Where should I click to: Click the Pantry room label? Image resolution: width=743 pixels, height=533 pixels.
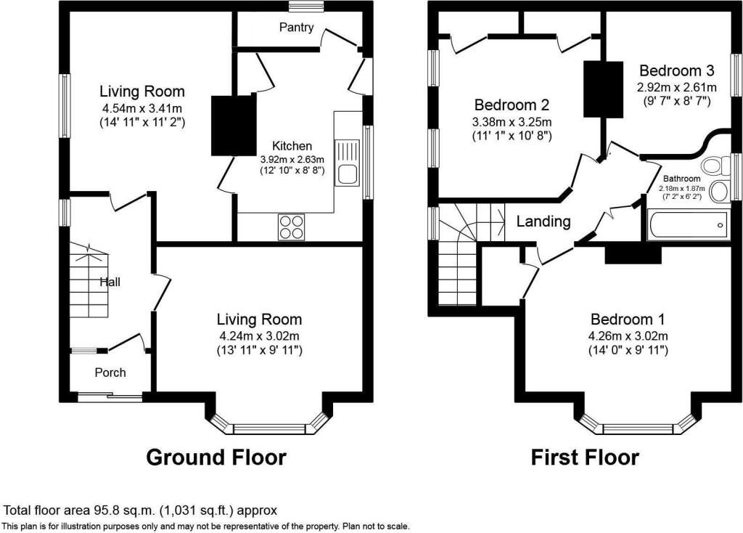tap(296, 28)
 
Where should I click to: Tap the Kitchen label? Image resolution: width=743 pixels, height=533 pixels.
tap(292, 146)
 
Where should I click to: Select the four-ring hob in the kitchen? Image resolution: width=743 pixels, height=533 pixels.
tap(292, 227)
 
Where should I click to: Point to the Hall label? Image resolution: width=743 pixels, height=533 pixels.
tap(110, 282)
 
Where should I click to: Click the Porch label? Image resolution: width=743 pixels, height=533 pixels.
tap(110, 373)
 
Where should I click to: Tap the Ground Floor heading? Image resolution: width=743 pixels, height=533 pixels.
tap(216, 457)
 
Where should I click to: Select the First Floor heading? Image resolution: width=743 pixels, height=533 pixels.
tap(585, 457)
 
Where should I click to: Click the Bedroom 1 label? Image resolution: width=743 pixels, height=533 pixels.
tap(628, 319)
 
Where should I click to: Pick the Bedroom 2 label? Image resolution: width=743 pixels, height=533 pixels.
tap(512, 105)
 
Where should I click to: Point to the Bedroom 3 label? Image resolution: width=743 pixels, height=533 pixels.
tap(677, 70)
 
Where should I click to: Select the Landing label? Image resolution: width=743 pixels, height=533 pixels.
tap(543, 221)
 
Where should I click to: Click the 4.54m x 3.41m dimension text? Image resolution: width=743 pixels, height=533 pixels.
tap(142, 107)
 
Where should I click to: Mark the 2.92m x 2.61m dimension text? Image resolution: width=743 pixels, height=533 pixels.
tap(677, 87)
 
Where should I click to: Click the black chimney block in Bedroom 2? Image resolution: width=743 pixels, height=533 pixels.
tap(603, 89)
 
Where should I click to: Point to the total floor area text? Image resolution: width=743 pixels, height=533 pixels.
tap(140, 510)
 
